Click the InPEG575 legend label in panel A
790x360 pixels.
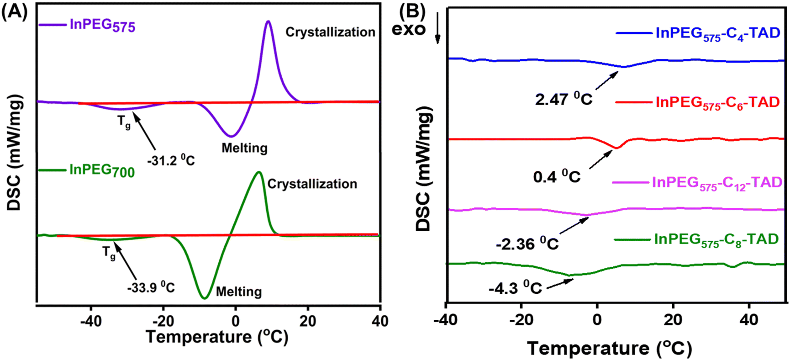click(102, 25)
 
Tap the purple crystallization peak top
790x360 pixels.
click(268, 21)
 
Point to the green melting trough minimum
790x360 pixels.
click(205, 298)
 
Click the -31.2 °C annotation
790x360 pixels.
click(171, 160)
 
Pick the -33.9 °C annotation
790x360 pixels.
click(151, 287)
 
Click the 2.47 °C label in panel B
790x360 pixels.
click(564, 99)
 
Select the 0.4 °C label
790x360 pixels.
click(557, 176)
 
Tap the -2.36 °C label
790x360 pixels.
click(527, 244)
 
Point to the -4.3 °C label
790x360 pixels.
click(515, 288)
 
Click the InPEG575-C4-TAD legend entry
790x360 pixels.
click(717, 34)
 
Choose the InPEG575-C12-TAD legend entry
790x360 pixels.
click(717, 183)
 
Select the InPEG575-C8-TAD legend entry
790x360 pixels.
click(716, 239)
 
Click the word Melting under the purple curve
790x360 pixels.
click(244, 148)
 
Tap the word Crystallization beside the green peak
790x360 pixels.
click(312, 184)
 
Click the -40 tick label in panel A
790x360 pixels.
click(91, 321)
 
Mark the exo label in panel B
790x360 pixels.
click(408, 30)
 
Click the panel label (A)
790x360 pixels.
click(15, 11)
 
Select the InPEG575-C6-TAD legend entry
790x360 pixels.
click(717, 102)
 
